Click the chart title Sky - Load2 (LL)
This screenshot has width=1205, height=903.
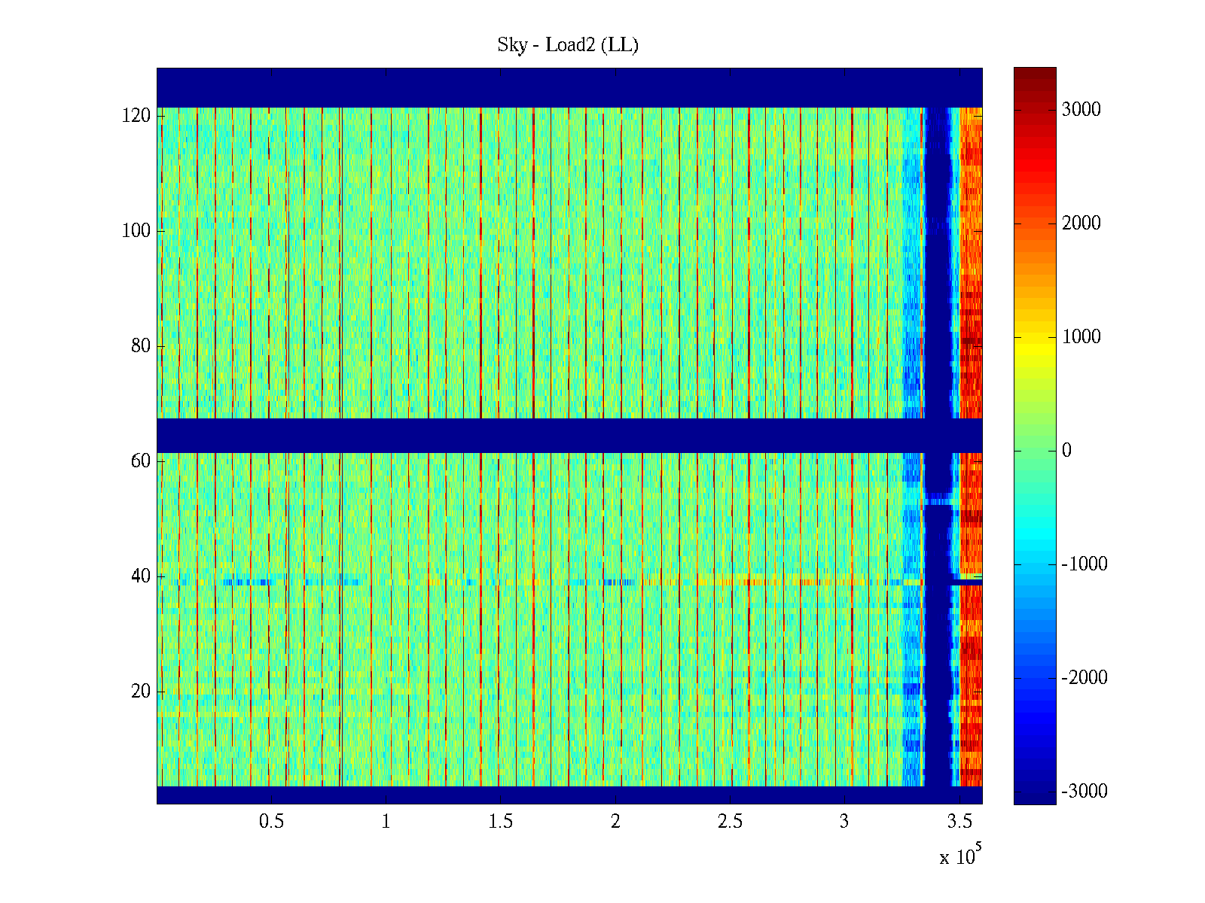tap(568, 45)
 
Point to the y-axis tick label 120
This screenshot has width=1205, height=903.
tap(136, 116)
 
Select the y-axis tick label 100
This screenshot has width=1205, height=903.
tap(136, 231)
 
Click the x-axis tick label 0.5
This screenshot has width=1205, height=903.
tap(271, 822)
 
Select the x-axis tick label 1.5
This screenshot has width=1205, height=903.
tap(501, 822)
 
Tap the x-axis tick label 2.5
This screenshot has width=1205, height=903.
tap(730, 822)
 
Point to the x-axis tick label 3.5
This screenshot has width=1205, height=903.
tap(959, 822)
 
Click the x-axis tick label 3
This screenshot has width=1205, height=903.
tap(844, 822)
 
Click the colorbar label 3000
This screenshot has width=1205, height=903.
tap(1081, 110)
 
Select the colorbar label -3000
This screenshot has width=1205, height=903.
tap(1084, 792)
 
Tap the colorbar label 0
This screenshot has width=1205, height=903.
tap(1066, 451)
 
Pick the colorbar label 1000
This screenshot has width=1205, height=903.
tap(1081, 337)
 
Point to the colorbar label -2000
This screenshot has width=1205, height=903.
tap(1084, 678)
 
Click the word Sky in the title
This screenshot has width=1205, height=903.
tap(512, 45)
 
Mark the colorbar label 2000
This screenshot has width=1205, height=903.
tap(1081, 223)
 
